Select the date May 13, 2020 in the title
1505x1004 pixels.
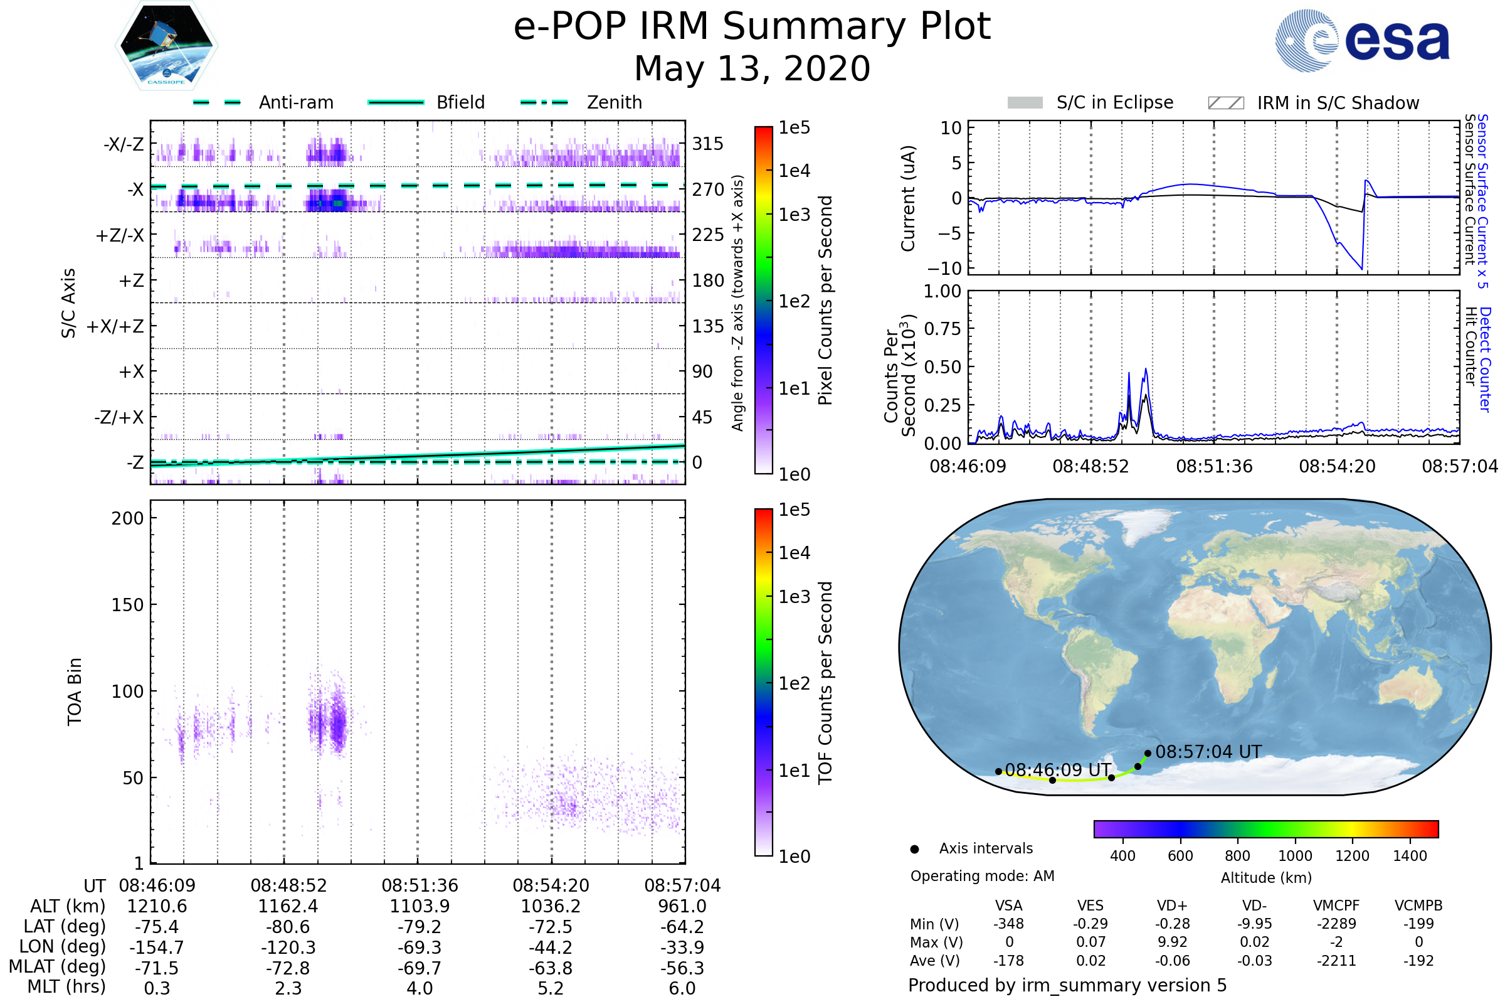coord(752,68)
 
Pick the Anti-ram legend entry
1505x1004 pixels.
coord(295,102)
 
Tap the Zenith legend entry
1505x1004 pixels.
coord(615,102)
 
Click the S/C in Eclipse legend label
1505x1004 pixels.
coord(1114,102)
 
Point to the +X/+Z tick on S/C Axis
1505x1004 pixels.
coord(115,326)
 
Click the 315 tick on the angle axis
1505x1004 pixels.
coord(707,144)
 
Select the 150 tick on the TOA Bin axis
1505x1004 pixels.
coord(127,605)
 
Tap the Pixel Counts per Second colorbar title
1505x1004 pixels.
coord(825,301)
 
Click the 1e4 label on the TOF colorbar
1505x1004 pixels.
coord(794,553)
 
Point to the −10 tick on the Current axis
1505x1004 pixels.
coord(946,268)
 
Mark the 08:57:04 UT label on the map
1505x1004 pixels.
coord(1208,752)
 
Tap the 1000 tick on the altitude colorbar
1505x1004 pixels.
coord(1294,856)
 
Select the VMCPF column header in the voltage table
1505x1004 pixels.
coord(1336,905)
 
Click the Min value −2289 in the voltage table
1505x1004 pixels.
coord(1336,924)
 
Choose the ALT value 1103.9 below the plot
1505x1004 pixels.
coord(419,907)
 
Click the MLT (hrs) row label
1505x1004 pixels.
coord(66,986)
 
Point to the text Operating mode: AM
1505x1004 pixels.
coord(982,876)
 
